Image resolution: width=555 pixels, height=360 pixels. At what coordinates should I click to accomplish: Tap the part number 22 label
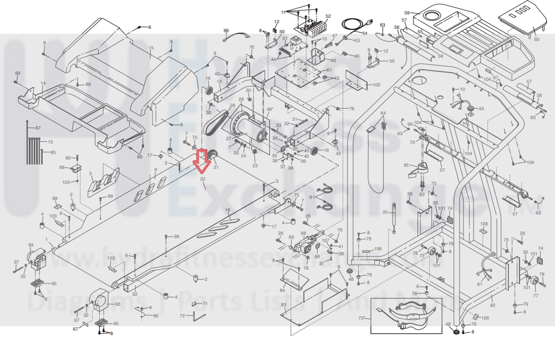(x=203, y=180)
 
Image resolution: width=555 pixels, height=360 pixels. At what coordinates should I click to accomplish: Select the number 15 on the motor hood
(x=150, y=49)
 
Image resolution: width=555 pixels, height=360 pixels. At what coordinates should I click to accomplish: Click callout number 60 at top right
(x=536, y=39)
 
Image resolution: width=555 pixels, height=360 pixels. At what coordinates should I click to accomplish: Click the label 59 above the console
(x=407, y=12)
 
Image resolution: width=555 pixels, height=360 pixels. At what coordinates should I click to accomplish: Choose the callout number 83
(x=283, y=305)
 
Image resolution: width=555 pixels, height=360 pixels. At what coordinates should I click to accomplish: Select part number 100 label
(x=376, y=85)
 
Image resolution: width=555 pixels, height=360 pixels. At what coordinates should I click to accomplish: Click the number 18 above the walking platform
(x=228, y=210)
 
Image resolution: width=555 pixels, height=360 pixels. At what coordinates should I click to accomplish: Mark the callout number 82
(x=492, y=306)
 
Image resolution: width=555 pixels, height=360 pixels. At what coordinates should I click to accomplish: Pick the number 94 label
(x=31, y=245)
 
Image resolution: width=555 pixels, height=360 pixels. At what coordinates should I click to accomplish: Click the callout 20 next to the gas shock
(x=385, y=212)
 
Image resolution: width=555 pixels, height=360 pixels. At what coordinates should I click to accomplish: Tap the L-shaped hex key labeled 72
(x=198, y=316)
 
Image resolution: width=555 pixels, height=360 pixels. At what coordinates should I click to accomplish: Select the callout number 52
(x=328, y=17)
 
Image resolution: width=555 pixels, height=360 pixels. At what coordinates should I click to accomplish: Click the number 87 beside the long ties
(x=38, y=128)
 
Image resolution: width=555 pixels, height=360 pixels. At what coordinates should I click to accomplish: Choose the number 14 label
(x=43, y=84)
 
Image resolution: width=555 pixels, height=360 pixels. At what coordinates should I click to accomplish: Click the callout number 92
(x=134, y=294)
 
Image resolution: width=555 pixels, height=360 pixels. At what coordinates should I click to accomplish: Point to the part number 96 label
(x=226, y=31)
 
